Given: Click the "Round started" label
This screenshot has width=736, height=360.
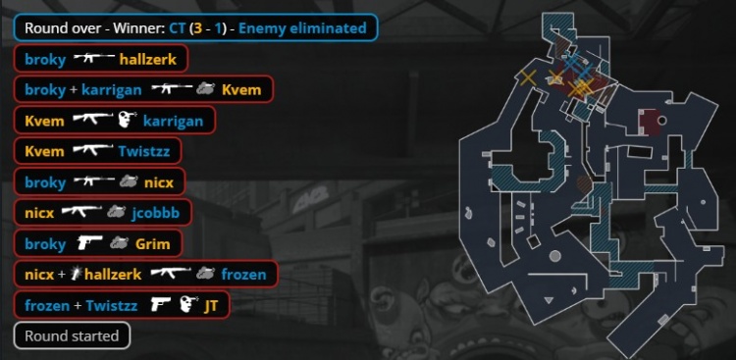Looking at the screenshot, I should point(72,335).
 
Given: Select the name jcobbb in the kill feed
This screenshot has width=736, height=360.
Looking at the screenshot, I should point(154,212).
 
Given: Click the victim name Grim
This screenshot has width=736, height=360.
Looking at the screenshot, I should point(145,243).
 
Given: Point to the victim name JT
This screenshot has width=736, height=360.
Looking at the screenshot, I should point(210,305).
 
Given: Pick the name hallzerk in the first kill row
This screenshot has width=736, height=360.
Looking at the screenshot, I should point(148,59).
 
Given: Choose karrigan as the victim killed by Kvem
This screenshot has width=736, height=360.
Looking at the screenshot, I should point(173,121).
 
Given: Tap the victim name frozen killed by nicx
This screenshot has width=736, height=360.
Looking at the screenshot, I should point(243,275).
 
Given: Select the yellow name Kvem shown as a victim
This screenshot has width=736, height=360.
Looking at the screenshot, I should point(241,89).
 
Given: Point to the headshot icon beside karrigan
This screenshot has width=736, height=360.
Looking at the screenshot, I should point(126,121).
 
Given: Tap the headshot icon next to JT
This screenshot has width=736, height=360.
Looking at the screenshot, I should point(188,305).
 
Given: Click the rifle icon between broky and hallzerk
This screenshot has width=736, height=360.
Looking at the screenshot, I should point(92,59).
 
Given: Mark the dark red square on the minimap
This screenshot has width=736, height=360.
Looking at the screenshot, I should point(650,122).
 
